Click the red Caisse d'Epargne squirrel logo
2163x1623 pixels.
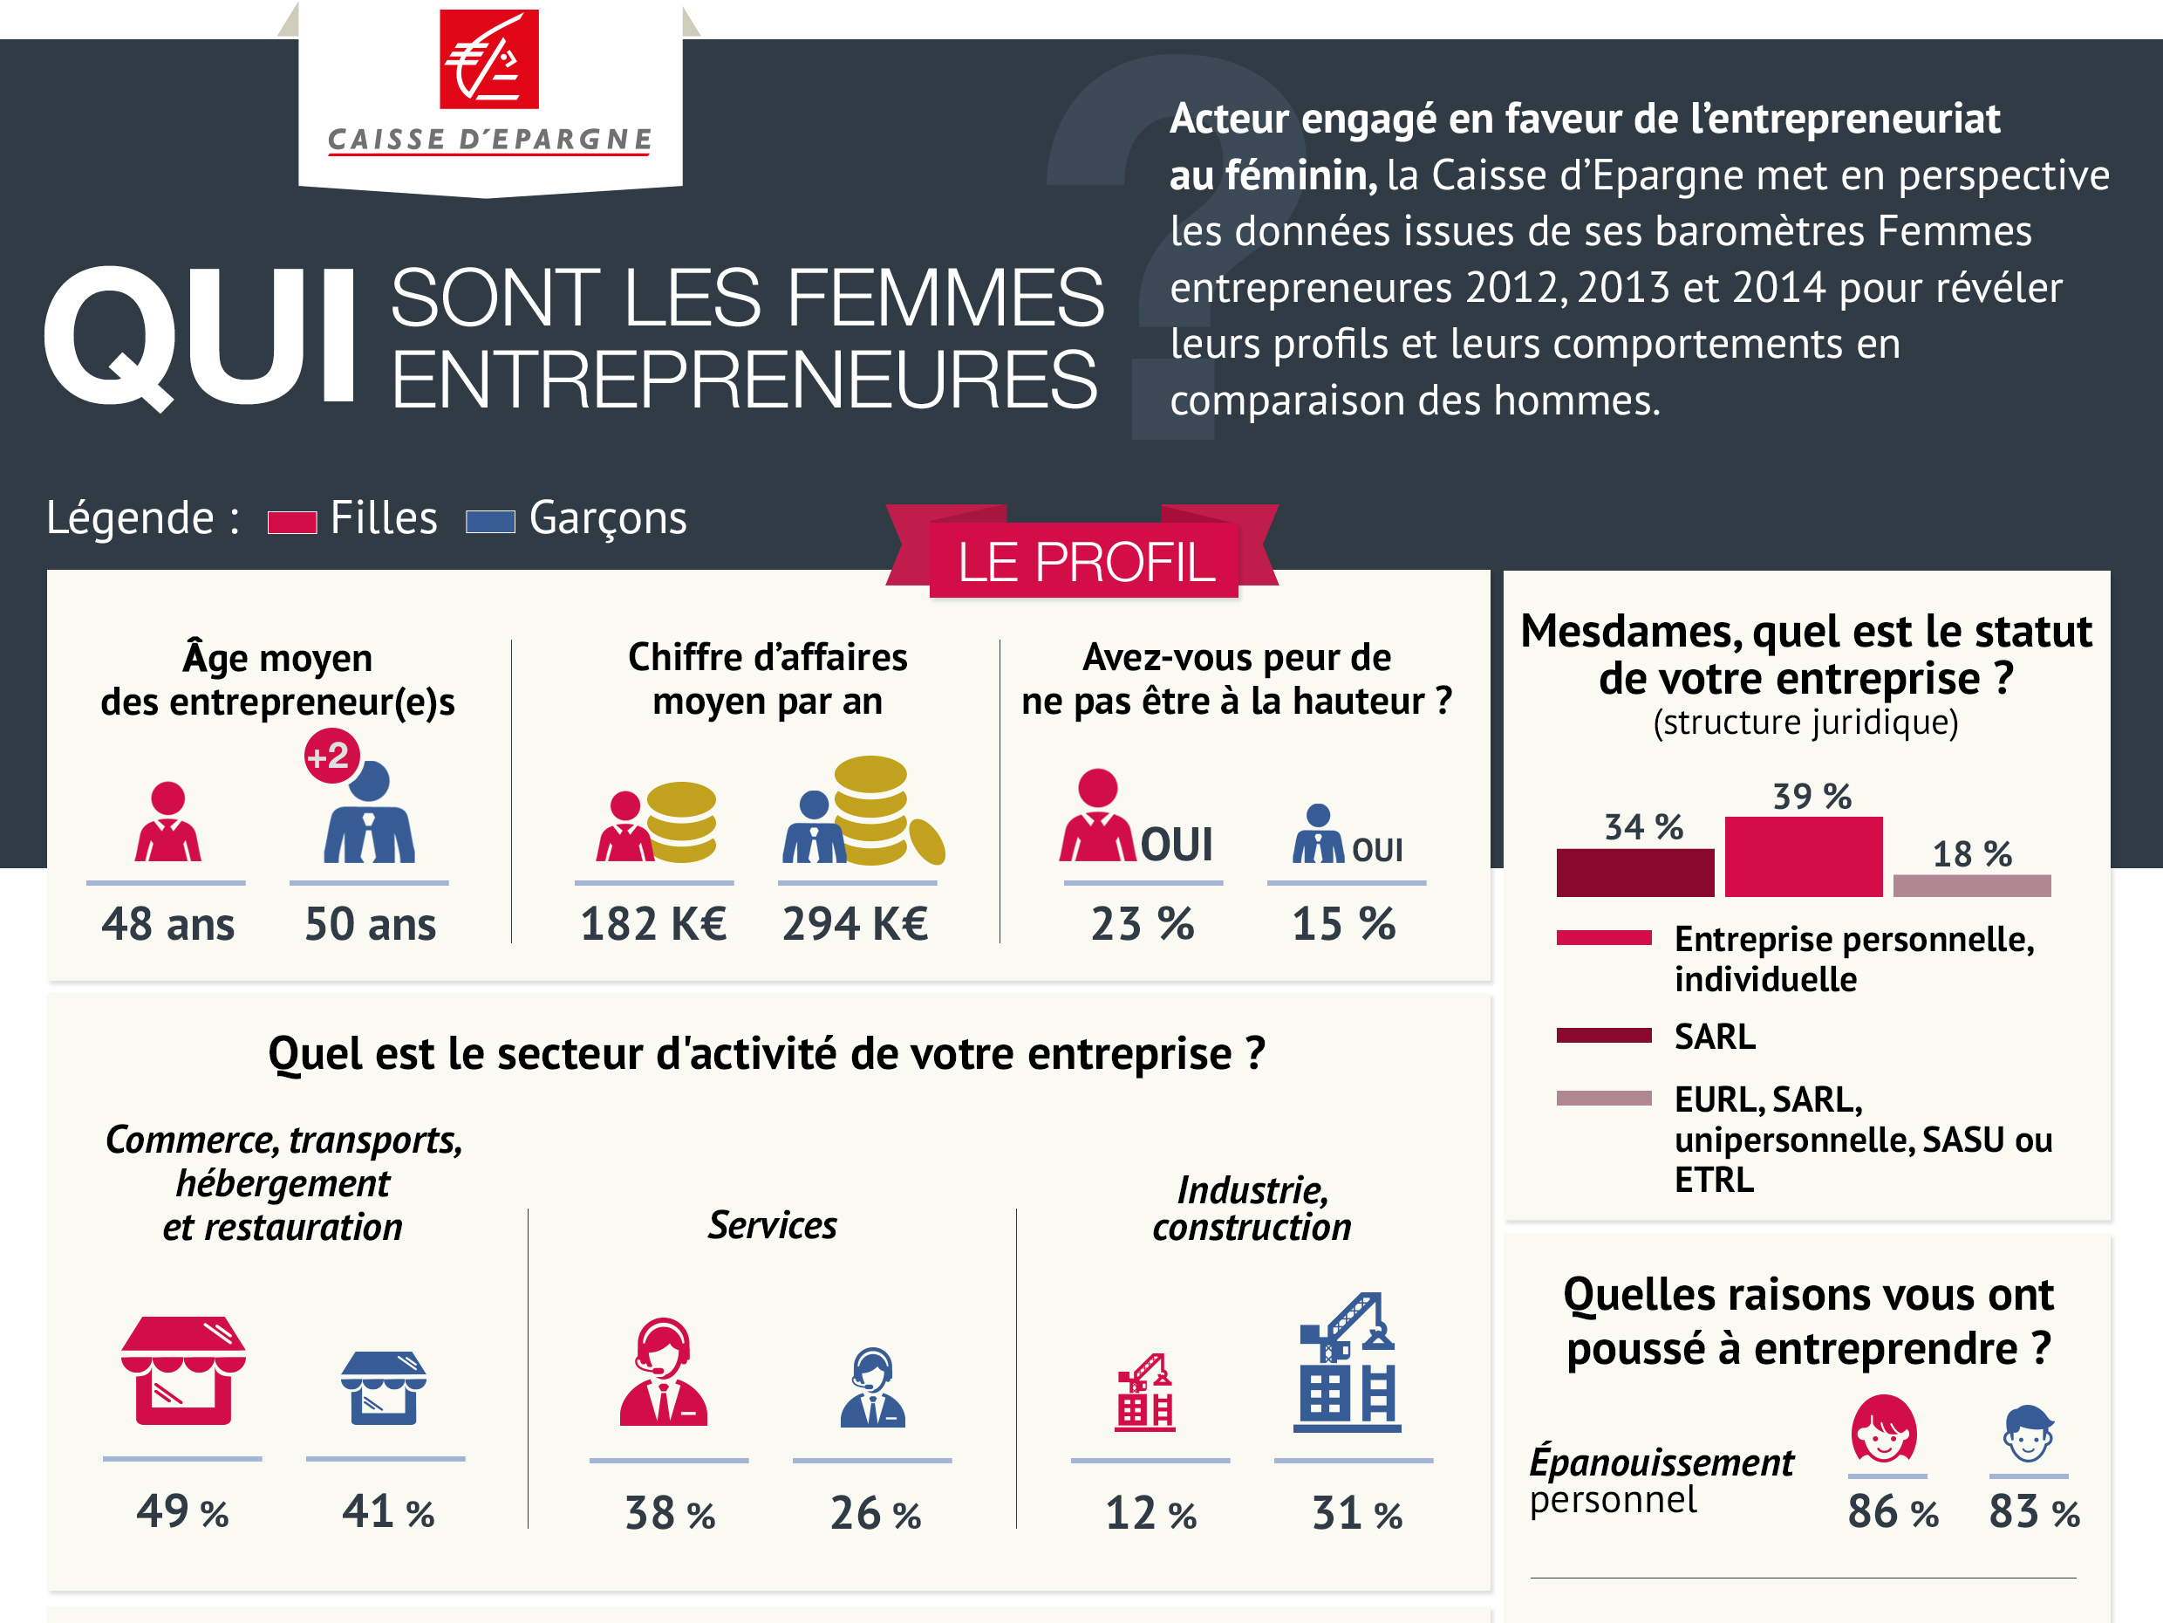coord(489,58)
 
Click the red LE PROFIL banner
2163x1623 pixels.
coord(1084,562)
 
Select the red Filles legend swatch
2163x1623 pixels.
coord(292,523)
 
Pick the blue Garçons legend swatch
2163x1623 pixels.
coord(490,522)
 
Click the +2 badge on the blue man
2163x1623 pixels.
coord(331,757)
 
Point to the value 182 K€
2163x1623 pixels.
coord(653,923)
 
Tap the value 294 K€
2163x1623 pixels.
coord(855,923)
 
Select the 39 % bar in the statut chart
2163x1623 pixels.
coord(1802,857)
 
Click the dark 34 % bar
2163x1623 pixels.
coord(1635,873)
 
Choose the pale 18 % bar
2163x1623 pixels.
coord(1971,886)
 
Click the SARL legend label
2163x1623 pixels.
coord(1714,1036)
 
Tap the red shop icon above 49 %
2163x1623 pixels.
coord(183,1371)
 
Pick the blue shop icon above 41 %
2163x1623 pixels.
coord(383,1388)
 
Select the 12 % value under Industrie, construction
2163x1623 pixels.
coord(1150,1513)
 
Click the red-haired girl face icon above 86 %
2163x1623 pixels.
coord(1883,1429)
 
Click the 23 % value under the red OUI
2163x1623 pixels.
coord(1143,923)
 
